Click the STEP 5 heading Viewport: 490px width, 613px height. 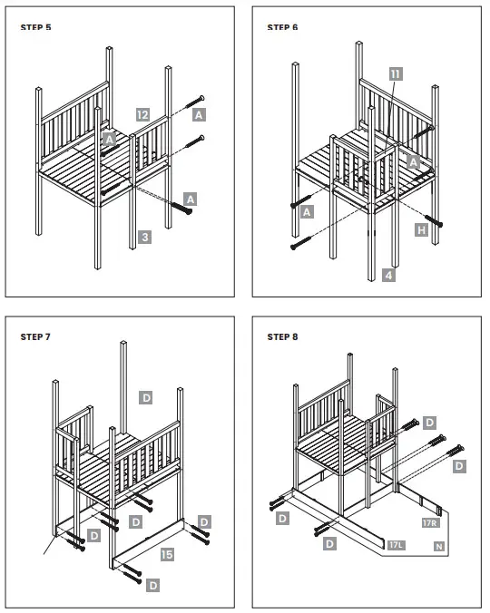[x=35, y=27]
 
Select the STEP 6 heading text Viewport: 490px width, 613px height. [x=282, y=27]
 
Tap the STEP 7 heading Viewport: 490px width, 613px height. [x=35, y=336]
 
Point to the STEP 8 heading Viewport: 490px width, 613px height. [x=282, y=336]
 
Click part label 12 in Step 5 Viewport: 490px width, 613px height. [x=142, y=115]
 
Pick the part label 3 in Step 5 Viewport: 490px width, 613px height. [x=144, y=238]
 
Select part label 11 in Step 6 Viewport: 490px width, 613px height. [x=395, y=73]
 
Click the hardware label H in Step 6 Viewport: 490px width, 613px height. [x=422, y=231]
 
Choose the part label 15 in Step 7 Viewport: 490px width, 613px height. [x=167, y=552]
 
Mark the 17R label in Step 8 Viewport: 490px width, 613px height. [x=430, y=524]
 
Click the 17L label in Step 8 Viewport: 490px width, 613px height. [x=396, y=545]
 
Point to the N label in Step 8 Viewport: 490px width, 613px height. [x=439, y=548]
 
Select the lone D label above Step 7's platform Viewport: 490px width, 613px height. [x=145, y=396]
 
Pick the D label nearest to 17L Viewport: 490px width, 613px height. [x=330, y=544]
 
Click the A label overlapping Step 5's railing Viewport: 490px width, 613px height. [x=109, y=139]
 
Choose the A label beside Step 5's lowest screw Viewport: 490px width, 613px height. [x=191, y=197]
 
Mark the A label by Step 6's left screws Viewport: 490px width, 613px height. [x=308, y=211]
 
